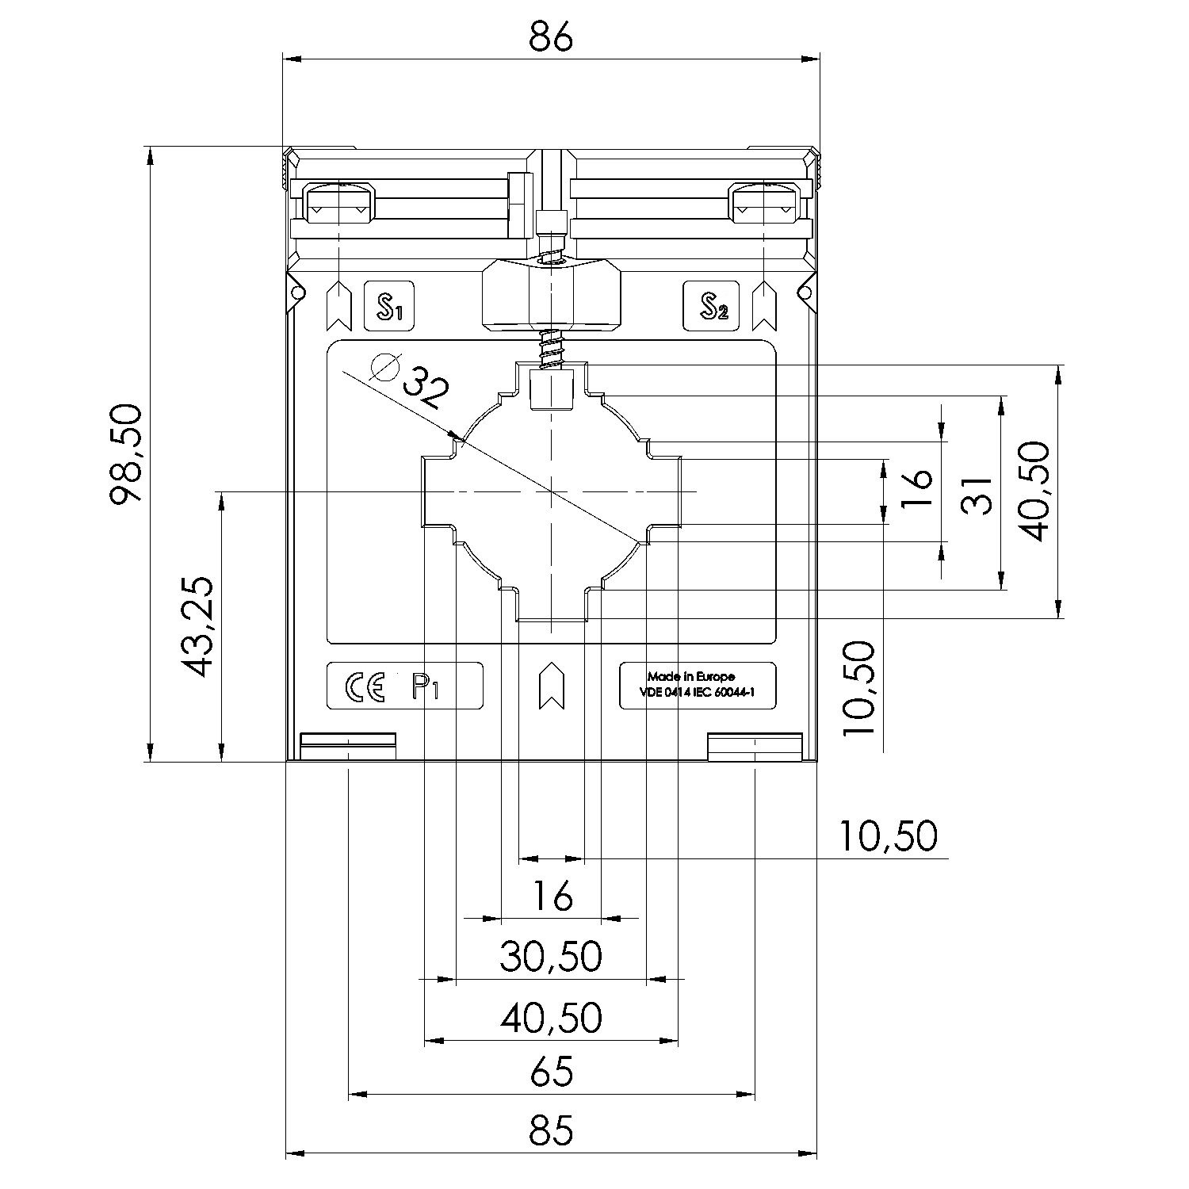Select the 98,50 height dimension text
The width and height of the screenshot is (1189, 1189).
127,453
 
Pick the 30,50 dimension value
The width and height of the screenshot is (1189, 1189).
551,956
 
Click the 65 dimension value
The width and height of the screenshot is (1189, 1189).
551,1072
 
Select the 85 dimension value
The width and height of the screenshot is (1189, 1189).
551,1130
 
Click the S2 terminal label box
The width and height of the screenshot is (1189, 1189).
711,306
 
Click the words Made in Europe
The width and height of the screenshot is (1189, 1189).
690,676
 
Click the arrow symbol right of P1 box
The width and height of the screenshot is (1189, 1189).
550,686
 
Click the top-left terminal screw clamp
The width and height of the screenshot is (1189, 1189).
338,203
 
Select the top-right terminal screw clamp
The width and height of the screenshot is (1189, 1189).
764,203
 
